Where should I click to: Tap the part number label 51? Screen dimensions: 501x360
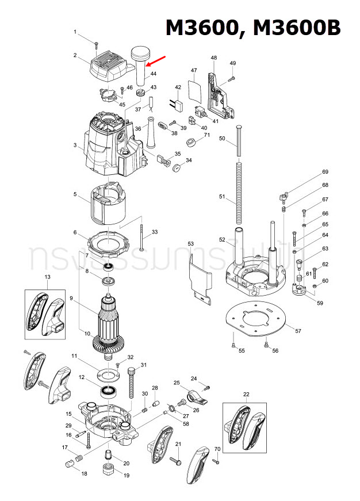click(x=223, y=197)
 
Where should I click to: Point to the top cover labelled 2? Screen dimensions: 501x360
click(x=110, y=68)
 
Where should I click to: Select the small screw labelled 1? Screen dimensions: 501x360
click(x=98, y=42)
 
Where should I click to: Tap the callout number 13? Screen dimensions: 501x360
click(x=48, y=277)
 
